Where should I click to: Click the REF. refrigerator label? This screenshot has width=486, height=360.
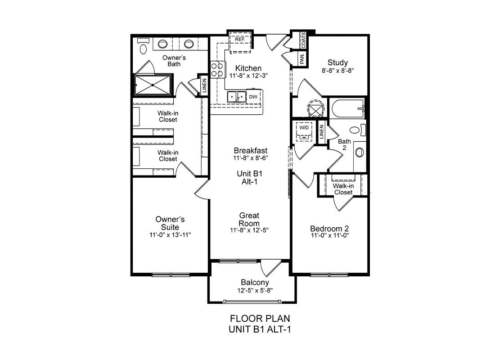point(240,40)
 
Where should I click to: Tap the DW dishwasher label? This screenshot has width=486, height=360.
point(253,97)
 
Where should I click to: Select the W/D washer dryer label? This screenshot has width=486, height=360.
point(304,127)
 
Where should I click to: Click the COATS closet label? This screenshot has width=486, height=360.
point(303,40)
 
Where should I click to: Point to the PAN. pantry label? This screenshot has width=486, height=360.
point(302,58)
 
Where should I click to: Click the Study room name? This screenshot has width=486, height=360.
point(338,63)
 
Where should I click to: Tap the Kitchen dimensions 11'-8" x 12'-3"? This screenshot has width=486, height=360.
point(248,75)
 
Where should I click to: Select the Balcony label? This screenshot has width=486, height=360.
point(255,283)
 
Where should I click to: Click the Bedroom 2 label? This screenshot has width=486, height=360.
point(329,229)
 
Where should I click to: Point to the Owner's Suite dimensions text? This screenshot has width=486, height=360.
point(170,235)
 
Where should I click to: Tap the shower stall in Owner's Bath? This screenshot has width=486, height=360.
point(153,84)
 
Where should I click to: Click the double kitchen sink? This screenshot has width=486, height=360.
point(237,97)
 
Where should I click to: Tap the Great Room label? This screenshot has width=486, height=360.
point(249,219)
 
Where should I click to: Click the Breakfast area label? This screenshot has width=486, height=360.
point(251,150)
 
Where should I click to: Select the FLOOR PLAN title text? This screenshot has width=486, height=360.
point(260,319)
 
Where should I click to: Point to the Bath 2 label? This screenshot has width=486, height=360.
point(344,144)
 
